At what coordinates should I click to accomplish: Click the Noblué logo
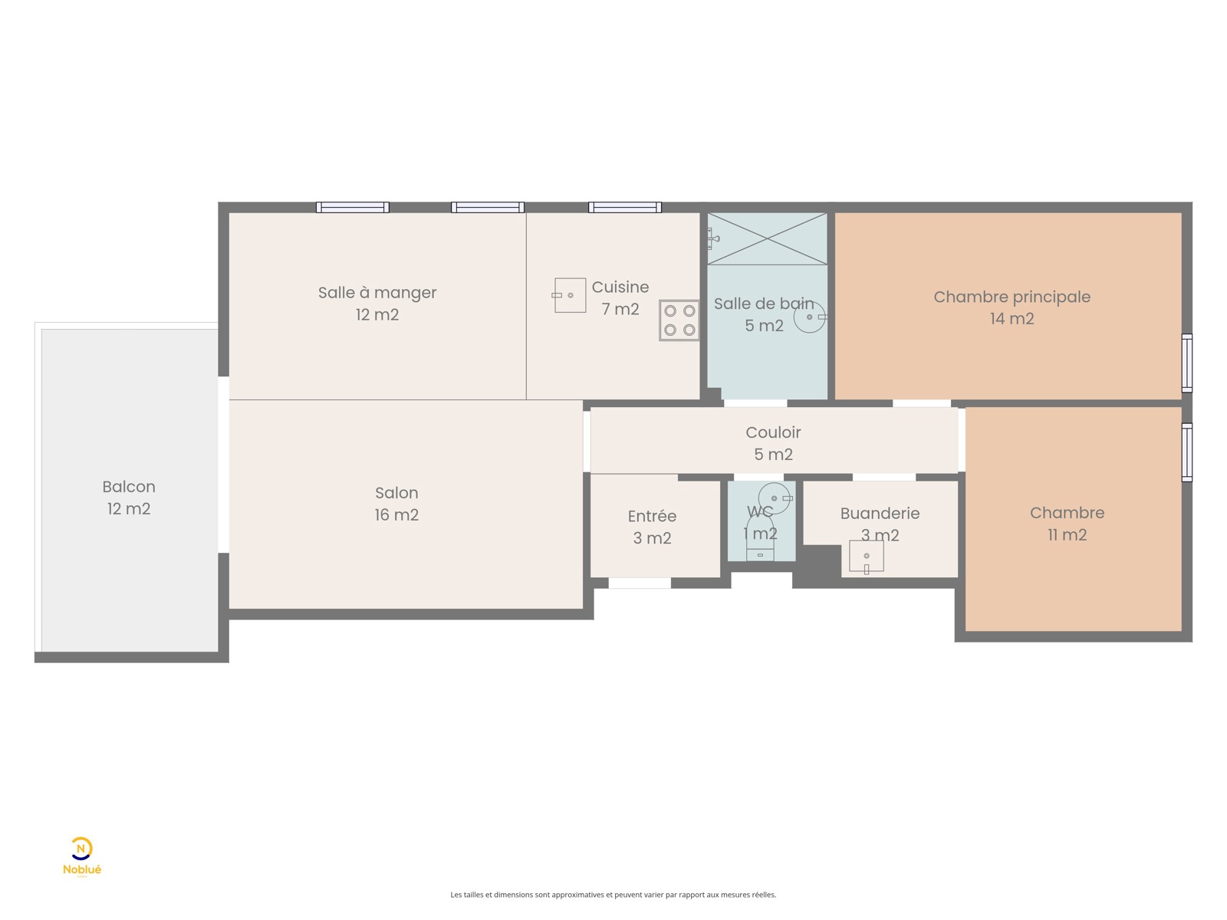(81, 856)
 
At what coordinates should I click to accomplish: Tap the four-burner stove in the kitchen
(679, 320)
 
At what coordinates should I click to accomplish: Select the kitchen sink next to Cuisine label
(568, 295)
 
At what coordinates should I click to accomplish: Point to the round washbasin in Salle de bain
(810, 317)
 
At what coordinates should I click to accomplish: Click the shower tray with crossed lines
(767, 238)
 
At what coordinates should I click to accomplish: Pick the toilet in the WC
(760, 537)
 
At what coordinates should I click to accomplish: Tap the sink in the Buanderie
(866, 556)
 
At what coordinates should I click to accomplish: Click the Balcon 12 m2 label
(129, 497)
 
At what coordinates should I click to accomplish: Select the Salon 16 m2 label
(396, 503)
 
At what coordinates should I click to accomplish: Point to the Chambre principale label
(1012, 297)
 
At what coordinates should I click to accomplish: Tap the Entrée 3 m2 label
(652, 526)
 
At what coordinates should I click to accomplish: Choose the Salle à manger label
(377, 292)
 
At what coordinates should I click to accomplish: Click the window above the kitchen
(624, 207)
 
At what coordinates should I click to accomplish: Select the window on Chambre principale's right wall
(1186, 363)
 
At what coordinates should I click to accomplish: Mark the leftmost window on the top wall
(352, 207)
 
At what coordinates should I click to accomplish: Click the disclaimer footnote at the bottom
(613, 894)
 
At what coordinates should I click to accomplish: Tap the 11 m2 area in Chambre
(1067, 534)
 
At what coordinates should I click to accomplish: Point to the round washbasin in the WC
(775, 498)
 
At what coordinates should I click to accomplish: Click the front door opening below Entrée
(640, 583)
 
